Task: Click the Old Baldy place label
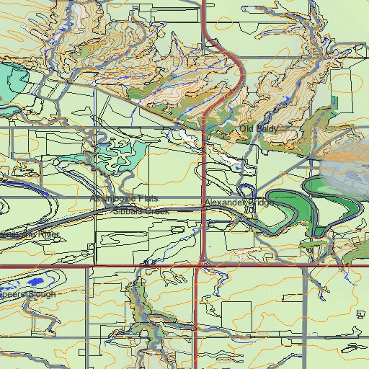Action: tap(258, 128)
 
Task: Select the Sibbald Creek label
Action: tap(140, 212)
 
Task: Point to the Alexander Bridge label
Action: tap(240, 204)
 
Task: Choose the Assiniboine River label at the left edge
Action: tap(29, 234)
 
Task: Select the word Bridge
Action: tap(262, 204)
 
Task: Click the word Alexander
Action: tap(226, 204)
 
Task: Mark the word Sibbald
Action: tap(126, 212)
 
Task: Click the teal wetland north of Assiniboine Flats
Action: tap(115, 154)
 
